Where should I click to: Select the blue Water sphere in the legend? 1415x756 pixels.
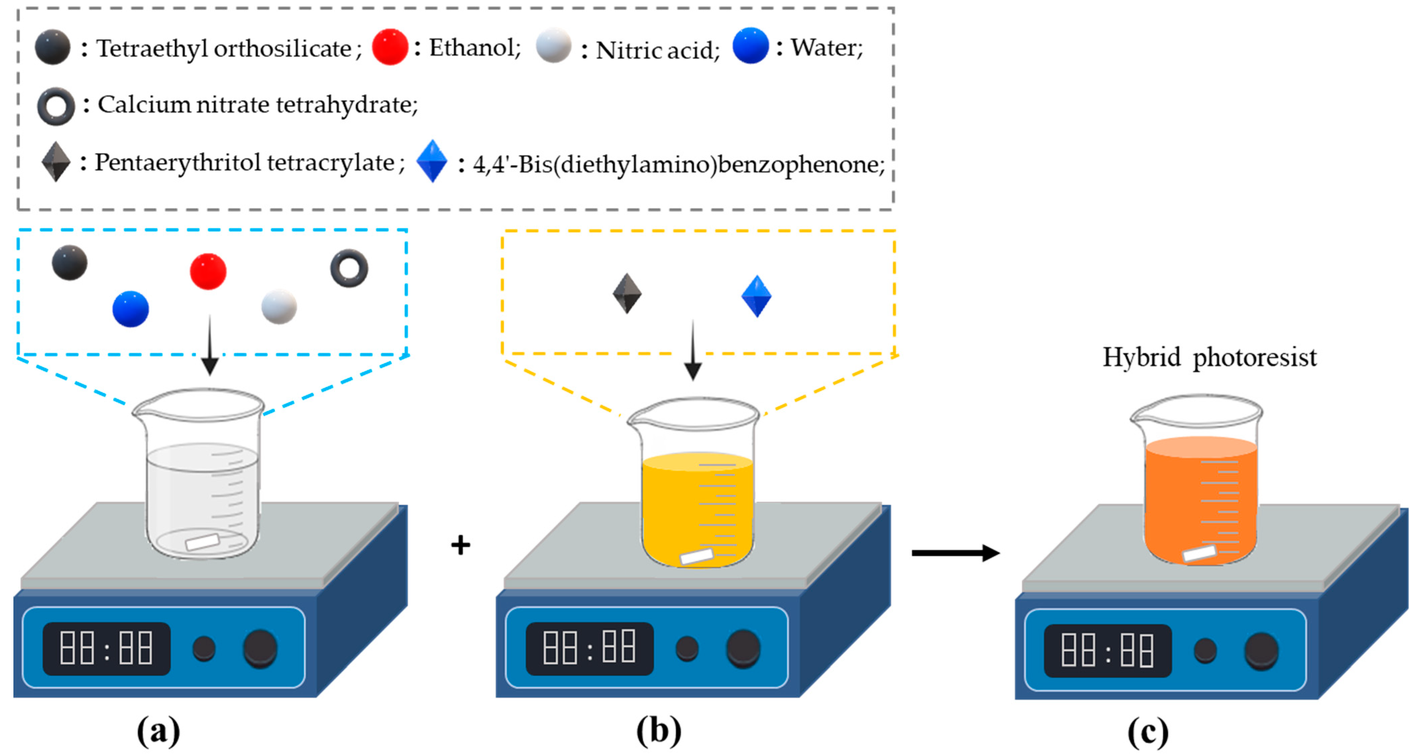[750, 46]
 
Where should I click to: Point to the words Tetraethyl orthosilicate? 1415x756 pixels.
[224, 49]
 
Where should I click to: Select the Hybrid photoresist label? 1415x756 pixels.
[1209, 357]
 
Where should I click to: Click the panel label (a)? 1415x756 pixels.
[158, 731]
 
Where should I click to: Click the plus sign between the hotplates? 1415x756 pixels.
[460, 545]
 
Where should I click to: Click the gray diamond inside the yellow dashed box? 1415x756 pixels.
[627, 294]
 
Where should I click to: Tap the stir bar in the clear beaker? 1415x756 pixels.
[202, 542]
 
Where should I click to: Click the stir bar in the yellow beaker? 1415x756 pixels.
[697, 556]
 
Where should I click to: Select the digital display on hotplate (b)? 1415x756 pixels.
[589, 648]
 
